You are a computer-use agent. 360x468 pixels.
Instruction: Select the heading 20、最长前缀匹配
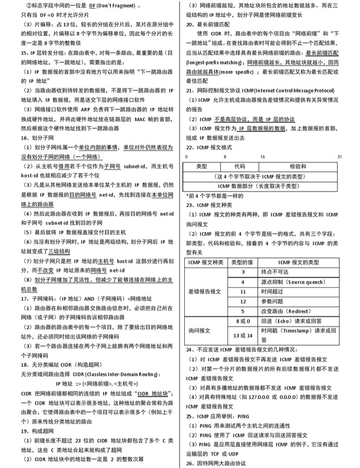click(209, 25)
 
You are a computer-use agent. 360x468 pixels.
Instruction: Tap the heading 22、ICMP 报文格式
click(208, 147)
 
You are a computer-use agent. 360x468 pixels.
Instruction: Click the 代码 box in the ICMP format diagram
click(240, 166)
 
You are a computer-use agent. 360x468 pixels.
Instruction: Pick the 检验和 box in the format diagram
click(297, 166)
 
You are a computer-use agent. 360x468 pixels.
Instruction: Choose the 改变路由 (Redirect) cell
click(283, 311)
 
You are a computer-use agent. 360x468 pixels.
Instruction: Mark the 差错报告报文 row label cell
click(205, 292)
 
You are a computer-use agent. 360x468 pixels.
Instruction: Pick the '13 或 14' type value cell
click(243, 335)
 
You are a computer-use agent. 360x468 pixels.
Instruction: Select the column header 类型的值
click(243, 262)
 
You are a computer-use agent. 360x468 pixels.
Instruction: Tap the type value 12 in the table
click(243, 301)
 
